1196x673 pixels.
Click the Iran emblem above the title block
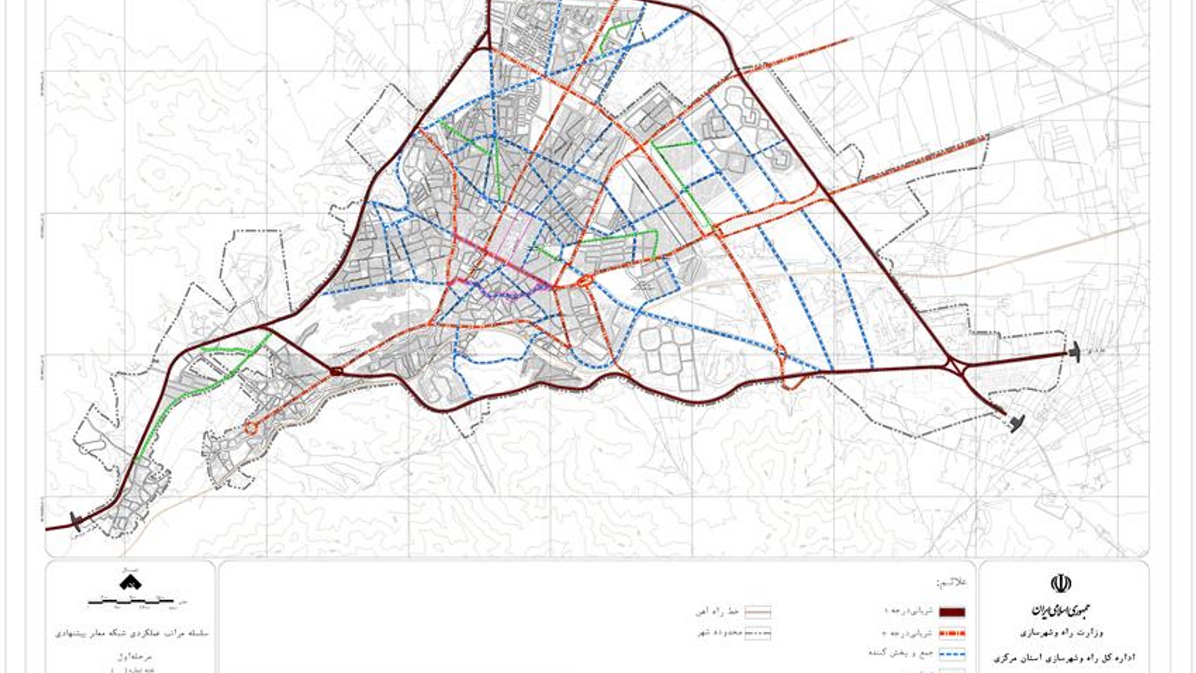pos(1061,584)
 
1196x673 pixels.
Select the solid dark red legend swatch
pos(951,613)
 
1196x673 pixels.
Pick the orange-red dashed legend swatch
pos(951,634)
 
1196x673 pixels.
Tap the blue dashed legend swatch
pos(951,655)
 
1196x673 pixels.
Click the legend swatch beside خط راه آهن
pos(757,613)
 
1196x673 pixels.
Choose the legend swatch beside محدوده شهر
pos(757,634)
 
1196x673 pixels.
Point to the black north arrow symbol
pos(130,582)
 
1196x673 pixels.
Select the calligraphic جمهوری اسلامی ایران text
pos(1061,610)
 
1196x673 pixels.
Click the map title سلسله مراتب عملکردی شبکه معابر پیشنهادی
pos(131,633)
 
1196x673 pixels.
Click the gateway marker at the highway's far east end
pos(1074,353)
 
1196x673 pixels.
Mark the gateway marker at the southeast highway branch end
pos(1016,424)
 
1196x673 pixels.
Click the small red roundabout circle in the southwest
pos(251,427)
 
